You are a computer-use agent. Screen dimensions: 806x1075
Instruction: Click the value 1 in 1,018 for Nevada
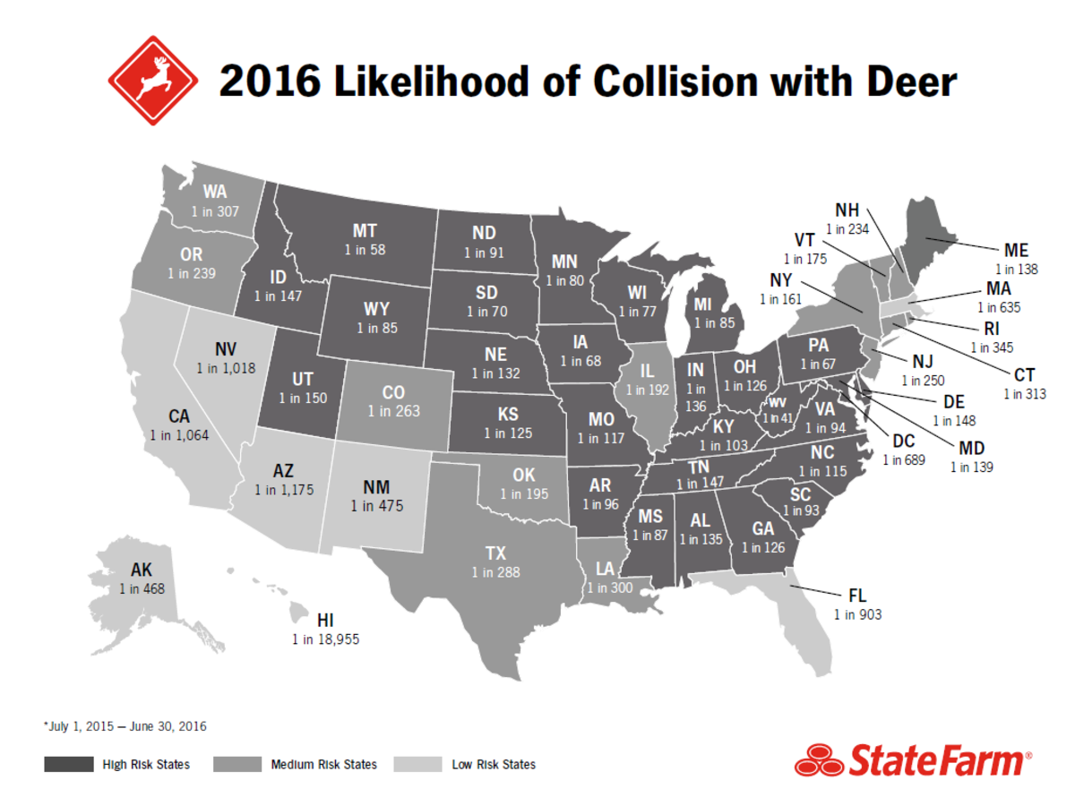pos(226,369)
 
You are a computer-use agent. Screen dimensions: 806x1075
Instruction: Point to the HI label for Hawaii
pos(326,621)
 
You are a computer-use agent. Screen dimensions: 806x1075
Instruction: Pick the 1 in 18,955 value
pos(326,639)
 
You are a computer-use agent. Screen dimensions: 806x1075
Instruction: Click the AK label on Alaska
pos(142,570)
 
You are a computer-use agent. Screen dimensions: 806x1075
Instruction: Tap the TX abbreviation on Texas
pos(495,553)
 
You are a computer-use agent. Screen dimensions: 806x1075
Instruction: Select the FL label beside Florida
pos(857,596)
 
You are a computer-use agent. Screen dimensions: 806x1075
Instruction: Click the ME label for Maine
pos(1016,250)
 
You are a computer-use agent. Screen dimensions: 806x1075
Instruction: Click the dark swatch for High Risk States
pos(69,765)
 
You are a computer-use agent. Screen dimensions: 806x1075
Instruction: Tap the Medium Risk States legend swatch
pos(238,765)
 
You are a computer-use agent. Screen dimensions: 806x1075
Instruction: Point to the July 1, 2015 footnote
pos(125,725)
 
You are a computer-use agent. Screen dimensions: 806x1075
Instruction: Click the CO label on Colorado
pos(393,392)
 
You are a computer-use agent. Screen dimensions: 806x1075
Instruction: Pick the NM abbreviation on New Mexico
pos(377,487)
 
